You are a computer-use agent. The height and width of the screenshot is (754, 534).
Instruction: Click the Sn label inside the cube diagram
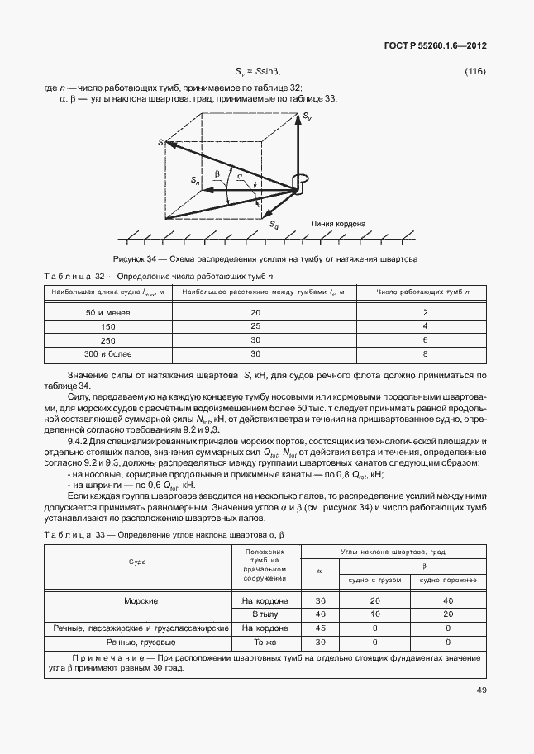tap(195, 179)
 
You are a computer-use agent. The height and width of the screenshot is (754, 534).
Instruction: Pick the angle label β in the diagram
tap(217, 174)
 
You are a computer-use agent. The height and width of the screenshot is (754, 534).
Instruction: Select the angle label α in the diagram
tap(240, 176)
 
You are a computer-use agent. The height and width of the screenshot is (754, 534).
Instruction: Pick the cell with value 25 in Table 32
tap(255, 326)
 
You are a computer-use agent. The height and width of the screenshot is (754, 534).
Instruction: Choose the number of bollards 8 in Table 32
tap(424, 353)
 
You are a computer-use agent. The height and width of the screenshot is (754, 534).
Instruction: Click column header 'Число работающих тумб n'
tap(424, 292)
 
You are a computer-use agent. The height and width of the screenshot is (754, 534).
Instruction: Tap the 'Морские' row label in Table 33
tap(141, 600)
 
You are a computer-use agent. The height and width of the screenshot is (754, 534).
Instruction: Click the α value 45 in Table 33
tap(319, 628)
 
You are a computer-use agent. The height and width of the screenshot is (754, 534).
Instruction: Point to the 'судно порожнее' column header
tap(447, 580)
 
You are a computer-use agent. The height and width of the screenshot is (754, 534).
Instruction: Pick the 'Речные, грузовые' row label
tap(141, 641)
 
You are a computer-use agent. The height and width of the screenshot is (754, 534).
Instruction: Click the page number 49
tap(480, 690)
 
